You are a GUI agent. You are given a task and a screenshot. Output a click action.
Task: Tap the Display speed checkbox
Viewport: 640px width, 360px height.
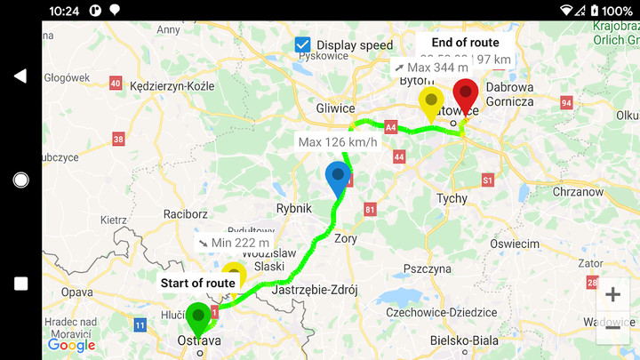click(303, 44)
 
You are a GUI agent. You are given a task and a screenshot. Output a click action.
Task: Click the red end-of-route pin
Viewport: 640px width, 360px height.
click(465, 94)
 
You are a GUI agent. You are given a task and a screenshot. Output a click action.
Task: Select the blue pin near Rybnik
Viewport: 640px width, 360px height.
click(338, 178)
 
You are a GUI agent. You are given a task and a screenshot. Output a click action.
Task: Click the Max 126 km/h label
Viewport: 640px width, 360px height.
click(338, 142)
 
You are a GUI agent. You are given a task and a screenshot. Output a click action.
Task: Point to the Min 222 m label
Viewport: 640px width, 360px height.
click(234, 243)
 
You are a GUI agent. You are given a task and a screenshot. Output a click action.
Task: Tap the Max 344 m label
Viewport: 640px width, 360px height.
click(431, 68)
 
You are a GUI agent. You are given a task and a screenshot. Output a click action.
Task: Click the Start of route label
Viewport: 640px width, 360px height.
click(197, 284)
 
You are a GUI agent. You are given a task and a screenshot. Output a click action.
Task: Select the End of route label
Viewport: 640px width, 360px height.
click(465, 43)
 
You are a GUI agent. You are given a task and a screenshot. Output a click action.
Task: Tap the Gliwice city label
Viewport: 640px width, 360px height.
click(335, 108)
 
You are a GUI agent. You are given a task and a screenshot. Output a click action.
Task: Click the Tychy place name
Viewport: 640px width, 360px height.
click(452, 198)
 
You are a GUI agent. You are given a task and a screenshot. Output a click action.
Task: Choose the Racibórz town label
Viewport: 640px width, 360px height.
click(185, 214)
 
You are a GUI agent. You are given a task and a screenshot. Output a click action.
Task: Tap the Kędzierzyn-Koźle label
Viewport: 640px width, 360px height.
click(172, 86)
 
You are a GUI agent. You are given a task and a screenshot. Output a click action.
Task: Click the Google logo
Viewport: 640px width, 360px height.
click(71, 345)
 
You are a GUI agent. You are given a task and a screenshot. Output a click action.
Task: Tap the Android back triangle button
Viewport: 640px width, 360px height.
click(20, 76)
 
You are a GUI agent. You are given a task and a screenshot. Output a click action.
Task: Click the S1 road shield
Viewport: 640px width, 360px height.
click(487, 180)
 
